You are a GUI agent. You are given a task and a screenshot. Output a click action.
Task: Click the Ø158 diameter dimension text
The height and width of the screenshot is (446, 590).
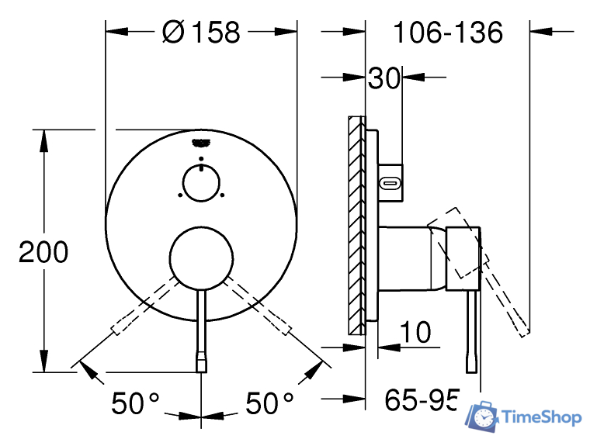coord(201,32)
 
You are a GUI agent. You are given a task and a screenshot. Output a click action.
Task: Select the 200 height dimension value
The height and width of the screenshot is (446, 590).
coord(43,251)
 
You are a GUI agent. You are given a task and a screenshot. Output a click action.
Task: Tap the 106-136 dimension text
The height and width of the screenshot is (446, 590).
coord(448,33)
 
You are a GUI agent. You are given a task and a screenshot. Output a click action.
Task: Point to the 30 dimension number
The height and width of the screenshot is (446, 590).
coord(383,78)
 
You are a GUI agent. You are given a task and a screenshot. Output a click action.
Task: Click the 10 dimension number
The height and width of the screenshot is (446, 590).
coord(415,332)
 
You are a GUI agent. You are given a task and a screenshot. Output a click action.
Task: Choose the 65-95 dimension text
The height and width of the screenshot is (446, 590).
coord(422,399)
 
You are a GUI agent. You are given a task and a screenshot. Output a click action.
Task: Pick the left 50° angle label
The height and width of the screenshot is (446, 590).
coord(135,403)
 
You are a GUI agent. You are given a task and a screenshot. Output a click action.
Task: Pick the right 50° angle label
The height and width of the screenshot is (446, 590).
coord(269,403)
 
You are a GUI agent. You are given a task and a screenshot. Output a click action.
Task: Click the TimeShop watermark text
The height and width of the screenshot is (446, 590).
coord(542,417)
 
